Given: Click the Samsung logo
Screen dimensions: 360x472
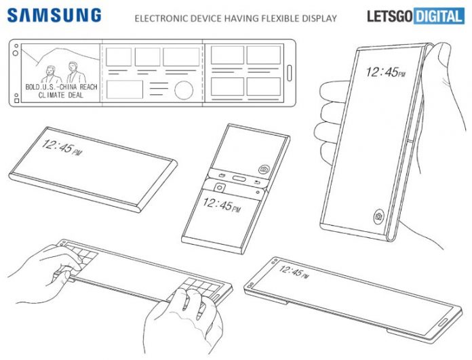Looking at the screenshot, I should point(56,15).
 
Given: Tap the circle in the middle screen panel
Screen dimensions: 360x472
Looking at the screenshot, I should point(183,90).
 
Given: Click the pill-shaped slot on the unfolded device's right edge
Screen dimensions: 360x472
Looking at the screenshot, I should point(290,73).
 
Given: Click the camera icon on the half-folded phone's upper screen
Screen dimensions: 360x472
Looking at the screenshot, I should point(262,168).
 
